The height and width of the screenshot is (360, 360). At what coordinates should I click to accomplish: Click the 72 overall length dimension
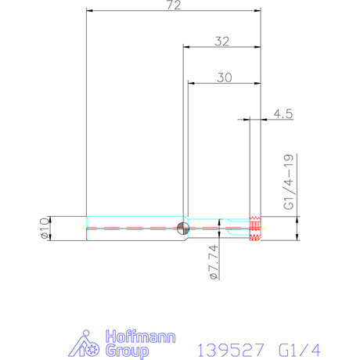(174, 5)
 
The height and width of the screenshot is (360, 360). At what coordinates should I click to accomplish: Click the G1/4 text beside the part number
(300, 347)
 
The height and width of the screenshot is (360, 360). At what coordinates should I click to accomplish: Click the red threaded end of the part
(255, 229)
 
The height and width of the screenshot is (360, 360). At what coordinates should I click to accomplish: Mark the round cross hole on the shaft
(182, 229)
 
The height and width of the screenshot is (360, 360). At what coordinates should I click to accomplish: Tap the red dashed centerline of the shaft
(133, 229)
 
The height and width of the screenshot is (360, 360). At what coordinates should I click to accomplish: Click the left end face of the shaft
(86, 229)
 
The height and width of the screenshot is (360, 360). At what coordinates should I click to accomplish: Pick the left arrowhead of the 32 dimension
(186, 46)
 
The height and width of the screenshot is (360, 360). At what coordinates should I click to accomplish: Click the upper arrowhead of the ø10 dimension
(51, 218)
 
